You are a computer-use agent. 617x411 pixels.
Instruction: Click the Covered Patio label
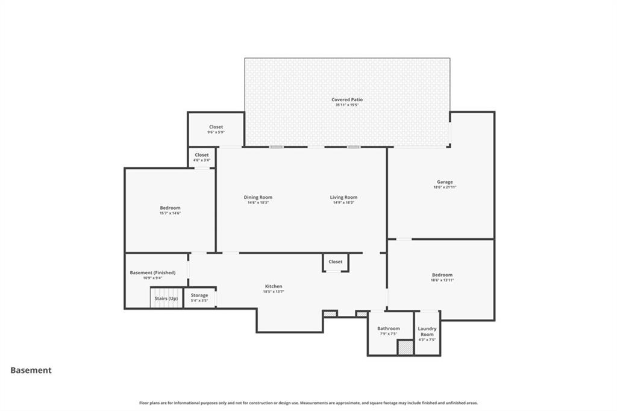347,99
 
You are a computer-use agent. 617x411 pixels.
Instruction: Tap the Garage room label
445,182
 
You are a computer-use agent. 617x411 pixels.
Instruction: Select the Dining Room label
258,197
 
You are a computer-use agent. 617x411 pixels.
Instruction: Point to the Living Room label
343,197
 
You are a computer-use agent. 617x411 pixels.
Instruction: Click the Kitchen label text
274,286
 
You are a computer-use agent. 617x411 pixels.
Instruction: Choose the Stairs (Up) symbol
166,298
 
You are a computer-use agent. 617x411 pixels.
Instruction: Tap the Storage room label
199,295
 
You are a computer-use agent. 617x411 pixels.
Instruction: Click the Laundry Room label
427,331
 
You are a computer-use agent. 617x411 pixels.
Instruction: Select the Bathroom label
389,328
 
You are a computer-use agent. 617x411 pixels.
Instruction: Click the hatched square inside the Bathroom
405,348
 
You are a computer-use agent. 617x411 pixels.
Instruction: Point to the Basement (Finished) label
152,272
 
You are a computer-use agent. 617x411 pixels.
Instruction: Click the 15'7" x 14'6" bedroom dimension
170,213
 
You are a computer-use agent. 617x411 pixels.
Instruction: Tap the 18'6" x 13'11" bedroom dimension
442,280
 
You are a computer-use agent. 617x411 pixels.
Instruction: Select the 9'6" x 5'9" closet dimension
216,133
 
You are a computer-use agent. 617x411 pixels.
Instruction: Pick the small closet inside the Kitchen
336,262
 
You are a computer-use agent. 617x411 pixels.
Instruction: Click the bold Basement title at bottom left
31,371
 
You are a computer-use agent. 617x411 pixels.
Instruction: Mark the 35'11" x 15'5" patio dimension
347,105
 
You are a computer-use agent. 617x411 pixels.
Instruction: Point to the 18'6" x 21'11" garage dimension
445,187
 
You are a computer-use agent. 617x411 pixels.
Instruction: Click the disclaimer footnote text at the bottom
308,403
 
